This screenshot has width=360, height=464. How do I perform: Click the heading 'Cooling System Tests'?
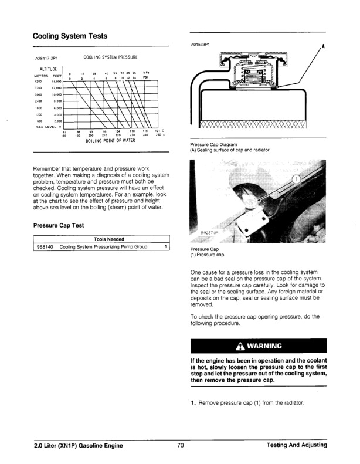pyautogui.click(x=70, y=36)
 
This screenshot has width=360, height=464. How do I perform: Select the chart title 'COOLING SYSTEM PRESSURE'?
pyautogui.click(x=110, y=57)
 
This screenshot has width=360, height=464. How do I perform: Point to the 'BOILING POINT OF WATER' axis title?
pyautogui.click(x=111, y=141)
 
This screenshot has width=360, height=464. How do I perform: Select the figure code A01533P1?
pyautogui.click(x=201, y=44)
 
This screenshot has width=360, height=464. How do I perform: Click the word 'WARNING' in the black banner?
pyautogui.click(x=263, y=345)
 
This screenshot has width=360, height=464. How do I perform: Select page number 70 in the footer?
pyautogui.click(x=180, y=446)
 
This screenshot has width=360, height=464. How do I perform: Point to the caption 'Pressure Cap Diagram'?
pyautogui.click(x=218, y=144)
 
